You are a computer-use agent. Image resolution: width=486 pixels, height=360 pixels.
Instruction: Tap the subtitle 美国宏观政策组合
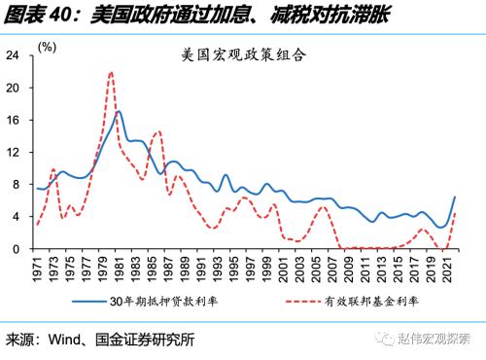pos(244,55)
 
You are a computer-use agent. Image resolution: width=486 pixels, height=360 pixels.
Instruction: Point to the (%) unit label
pos(47,46)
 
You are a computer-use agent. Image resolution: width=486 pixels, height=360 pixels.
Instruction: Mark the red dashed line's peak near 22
pos(112,72)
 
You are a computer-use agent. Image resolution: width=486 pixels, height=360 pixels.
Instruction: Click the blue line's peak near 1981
pos(119,111)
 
